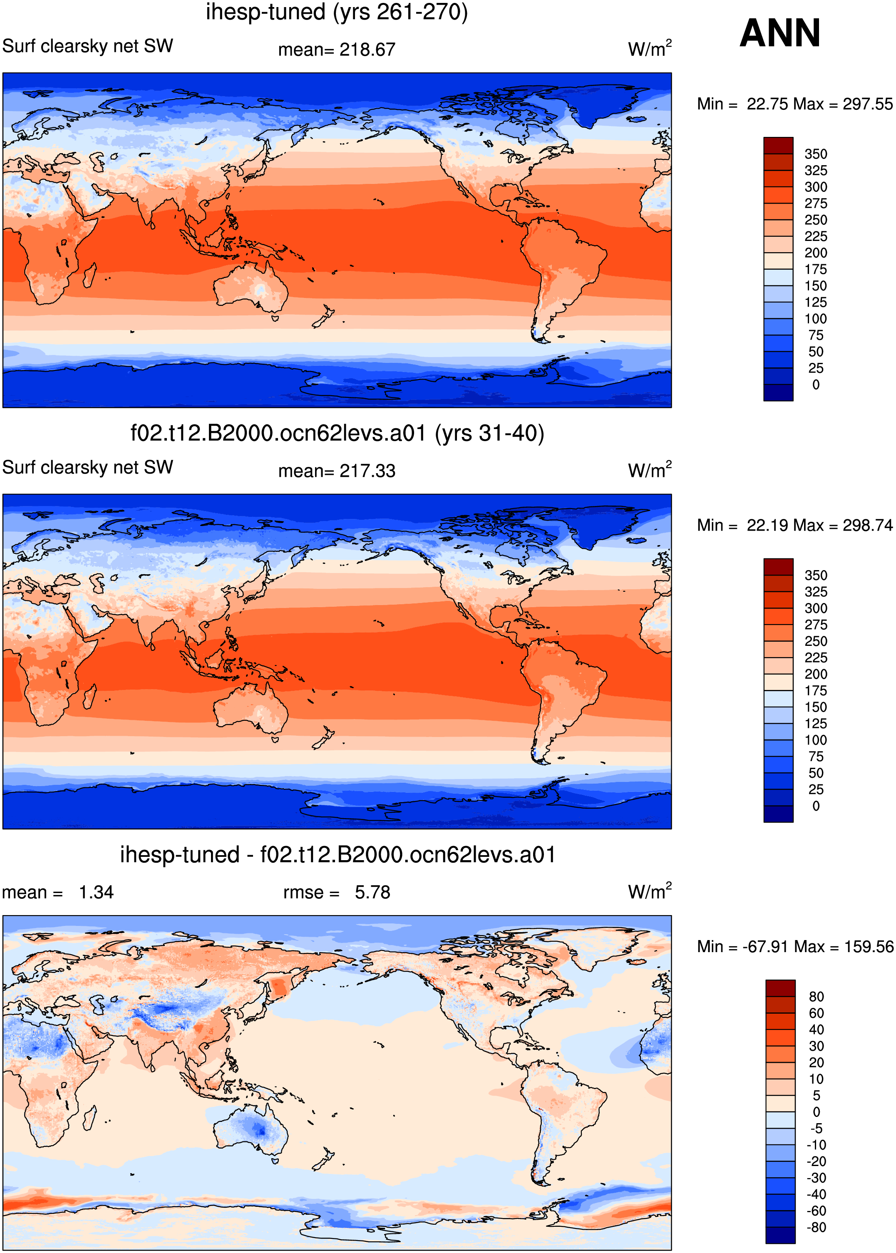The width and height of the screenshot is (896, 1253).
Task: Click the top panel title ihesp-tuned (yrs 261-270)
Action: coord(337,12)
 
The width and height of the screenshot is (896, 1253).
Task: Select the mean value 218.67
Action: coord(367,50)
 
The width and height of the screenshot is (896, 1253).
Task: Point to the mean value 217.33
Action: coord(367,471)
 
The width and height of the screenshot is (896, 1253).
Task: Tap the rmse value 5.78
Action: coord(372,892)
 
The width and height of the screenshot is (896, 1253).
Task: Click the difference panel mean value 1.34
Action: coord(96,892)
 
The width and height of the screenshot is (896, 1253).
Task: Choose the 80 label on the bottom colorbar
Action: coord(817,996)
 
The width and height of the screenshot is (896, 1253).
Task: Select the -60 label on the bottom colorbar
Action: coord(816,1211)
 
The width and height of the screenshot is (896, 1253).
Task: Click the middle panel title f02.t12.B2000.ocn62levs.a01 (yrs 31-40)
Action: coord(337,434)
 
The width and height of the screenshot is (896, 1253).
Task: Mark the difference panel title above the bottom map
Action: coord(338,855)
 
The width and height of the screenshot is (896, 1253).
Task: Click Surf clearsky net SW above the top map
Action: coord(88,46)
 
